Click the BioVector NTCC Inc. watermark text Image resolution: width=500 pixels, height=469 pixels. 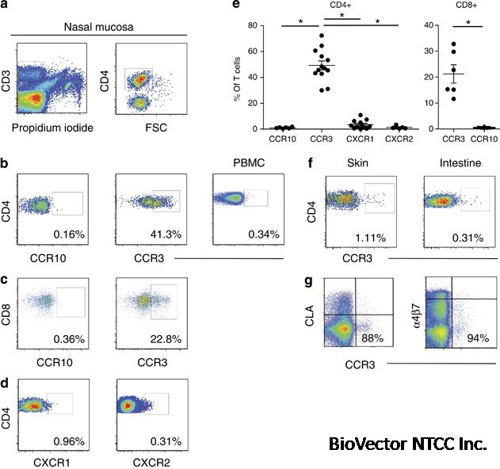coord(407,443)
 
